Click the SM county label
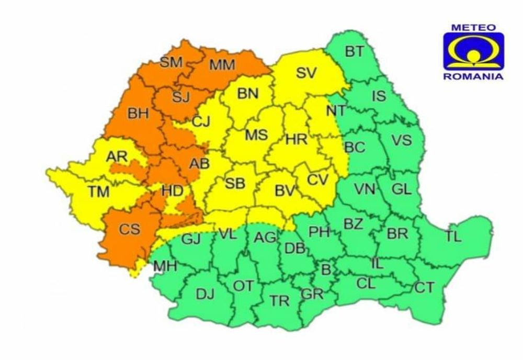[171, 62]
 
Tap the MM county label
[222, 65]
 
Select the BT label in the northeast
[355, 51]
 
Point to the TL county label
[454, 237]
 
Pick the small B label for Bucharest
[326, 271]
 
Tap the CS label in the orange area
[130, 229]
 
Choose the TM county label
[98, 192]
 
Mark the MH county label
[165, 266]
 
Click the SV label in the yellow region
[306, 73]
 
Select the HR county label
[297, 139]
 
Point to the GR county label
[312, 295]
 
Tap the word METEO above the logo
[473, 26]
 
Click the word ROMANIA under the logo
[473, 76]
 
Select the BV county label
[286, 192]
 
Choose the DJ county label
[205, 295]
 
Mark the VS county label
[402, 140]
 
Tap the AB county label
[199, 164]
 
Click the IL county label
[378, 264]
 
